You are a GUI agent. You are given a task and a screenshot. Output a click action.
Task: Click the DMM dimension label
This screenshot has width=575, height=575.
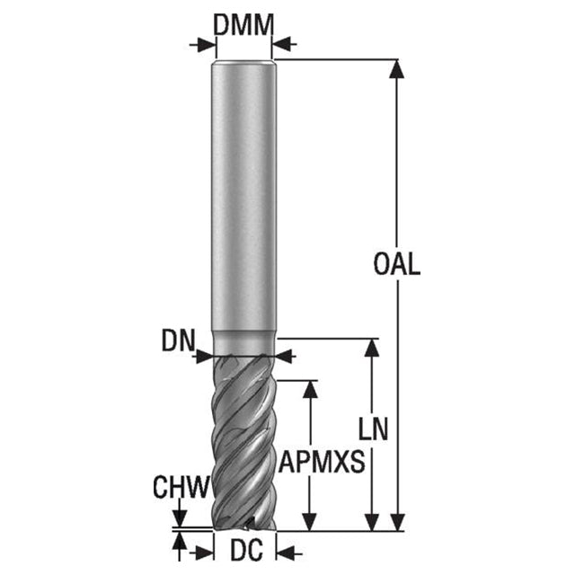point(243,25)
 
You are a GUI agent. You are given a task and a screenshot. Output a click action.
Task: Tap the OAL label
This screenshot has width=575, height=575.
point(396,263)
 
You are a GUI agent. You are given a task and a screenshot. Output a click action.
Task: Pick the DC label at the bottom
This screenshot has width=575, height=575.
point(246,550)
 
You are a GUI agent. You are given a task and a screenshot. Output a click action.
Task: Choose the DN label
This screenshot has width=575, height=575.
point(178,341)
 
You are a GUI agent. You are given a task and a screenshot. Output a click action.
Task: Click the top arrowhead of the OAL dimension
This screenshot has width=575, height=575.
point(396,69)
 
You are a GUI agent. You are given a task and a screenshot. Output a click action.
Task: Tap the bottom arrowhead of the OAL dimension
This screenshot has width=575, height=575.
point(396,522)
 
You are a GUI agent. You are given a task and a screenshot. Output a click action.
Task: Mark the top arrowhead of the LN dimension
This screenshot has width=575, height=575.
point(372,348)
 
